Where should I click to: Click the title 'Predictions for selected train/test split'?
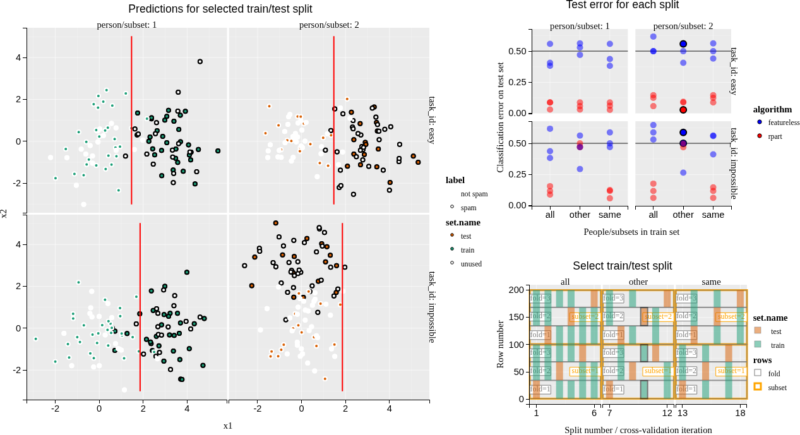pos(220,9)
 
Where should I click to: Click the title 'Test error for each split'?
pos(622,5)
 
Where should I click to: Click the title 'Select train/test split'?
pos(622,266)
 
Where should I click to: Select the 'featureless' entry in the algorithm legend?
pos(784,122)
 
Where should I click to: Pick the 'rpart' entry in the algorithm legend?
pos(775,136)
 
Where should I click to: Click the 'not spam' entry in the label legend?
pos(474,194)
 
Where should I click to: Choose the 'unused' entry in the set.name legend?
pos(470,264)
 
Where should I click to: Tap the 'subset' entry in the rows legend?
pos(777,387)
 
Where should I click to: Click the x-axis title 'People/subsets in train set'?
pos(631,232)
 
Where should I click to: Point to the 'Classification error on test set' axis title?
pos(500,117)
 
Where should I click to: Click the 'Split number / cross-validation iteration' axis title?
pos(638,430)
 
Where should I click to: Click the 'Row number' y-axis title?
pos(500,344)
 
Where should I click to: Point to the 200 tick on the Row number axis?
pos(517,290)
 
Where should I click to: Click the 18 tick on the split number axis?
pos(741,413)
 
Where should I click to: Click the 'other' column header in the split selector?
pos(638,282)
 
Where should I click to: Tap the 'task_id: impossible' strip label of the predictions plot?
pos(433,307)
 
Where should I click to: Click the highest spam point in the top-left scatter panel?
pos(200,62)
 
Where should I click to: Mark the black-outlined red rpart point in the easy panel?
pos(683,110)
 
